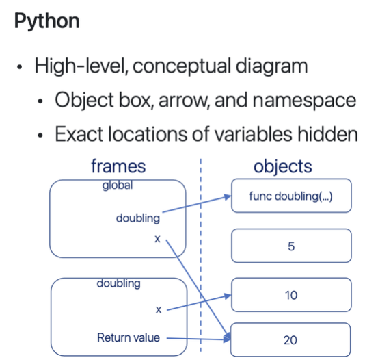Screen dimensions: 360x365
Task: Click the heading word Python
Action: point(47,21)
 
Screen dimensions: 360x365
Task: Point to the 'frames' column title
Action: point(118,166)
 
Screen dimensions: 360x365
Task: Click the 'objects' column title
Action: point(283,166)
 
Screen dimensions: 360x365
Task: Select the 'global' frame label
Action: point(118,185)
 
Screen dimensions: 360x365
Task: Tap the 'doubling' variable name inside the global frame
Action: point(138,218)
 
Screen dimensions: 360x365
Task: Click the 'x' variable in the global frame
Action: point(158,241)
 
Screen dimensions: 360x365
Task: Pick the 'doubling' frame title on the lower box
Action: point(118,283)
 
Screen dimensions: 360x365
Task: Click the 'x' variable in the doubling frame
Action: point(159,309)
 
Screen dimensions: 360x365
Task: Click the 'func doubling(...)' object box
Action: point(291,197)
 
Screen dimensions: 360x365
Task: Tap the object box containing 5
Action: point(291,246)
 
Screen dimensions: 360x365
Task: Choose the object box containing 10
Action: point(291,295)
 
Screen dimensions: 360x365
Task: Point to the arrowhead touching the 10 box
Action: point(228,296)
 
